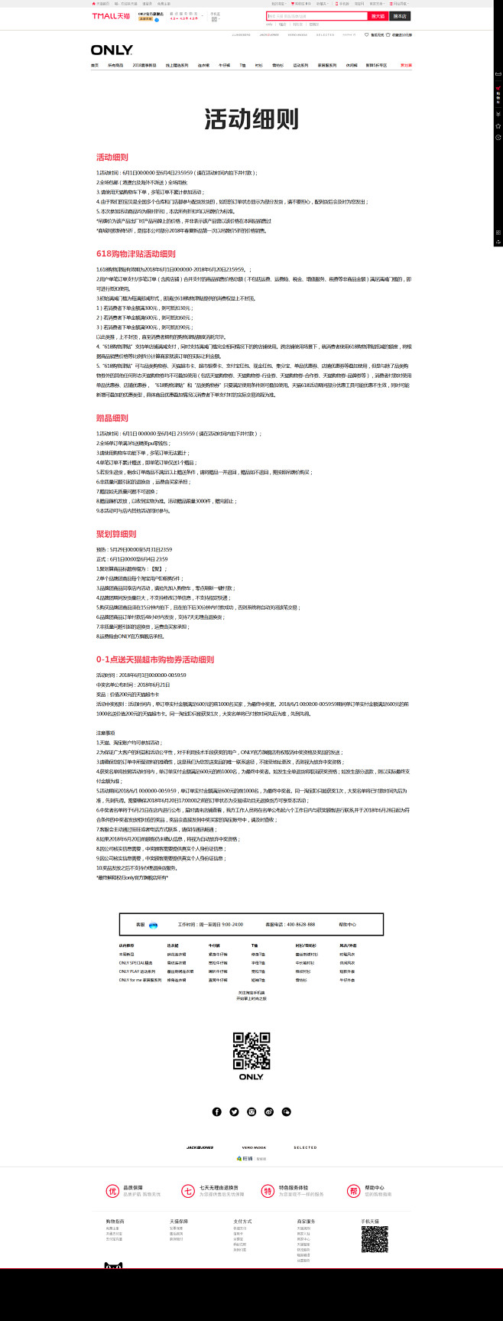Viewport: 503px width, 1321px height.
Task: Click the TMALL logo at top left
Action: (x=111, y=16)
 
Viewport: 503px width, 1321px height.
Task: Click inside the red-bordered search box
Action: (x=316, y=16)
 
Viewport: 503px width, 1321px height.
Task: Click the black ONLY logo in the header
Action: (x=112, y=50)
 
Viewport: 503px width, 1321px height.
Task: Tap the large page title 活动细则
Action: (x=251, y=119)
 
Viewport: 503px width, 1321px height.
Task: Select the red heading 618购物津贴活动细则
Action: (x=136, y=254)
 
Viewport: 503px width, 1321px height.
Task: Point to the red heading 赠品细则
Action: (x=112, y=418)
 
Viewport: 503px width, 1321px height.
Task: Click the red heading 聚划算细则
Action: (x=116, y=534)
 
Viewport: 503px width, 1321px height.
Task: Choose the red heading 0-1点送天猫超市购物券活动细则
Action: (x=155, y=659)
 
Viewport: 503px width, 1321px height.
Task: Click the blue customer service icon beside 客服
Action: (x=154, y=925)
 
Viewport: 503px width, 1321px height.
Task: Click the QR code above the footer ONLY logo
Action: (x=251, y=1050)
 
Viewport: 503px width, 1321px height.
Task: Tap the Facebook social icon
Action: (x=217, y=1111)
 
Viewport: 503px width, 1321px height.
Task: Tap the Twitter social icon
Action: (x=234, y=1111)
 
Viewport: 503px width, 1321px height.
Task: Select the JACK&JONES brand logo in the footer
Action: (x=200, y=1147)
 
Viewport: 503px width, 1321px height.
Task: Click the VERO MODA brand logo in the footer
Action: (x=254, y=1147)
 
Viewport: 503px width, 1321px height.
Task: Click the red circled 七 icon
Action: (x=188, y=1191)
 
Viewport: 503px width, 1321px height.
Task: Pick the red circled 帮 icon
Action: (x=353, y=1191)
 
